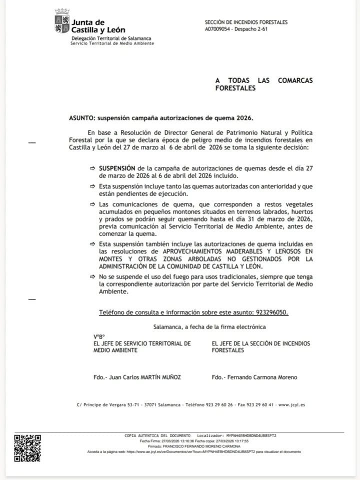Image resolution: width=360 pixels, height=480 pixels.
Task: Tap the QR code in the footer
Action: click(27, 448)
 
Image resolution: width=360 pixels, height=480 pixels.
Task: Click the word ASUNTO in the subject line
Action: click(82, 118)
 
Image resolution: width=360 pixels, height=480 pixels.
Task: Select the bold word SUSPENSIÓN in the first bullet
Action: click(116, 169)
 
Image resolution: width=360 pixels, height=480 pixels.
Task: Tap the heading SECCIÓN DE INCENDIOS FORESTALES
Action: click(246, 22)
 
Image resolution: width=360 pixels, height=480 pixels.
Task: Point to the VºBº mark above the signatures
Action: click(99, 336)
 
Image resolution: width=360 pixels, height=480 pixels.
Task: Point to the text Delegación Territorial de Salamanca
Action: click(111, 38)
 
